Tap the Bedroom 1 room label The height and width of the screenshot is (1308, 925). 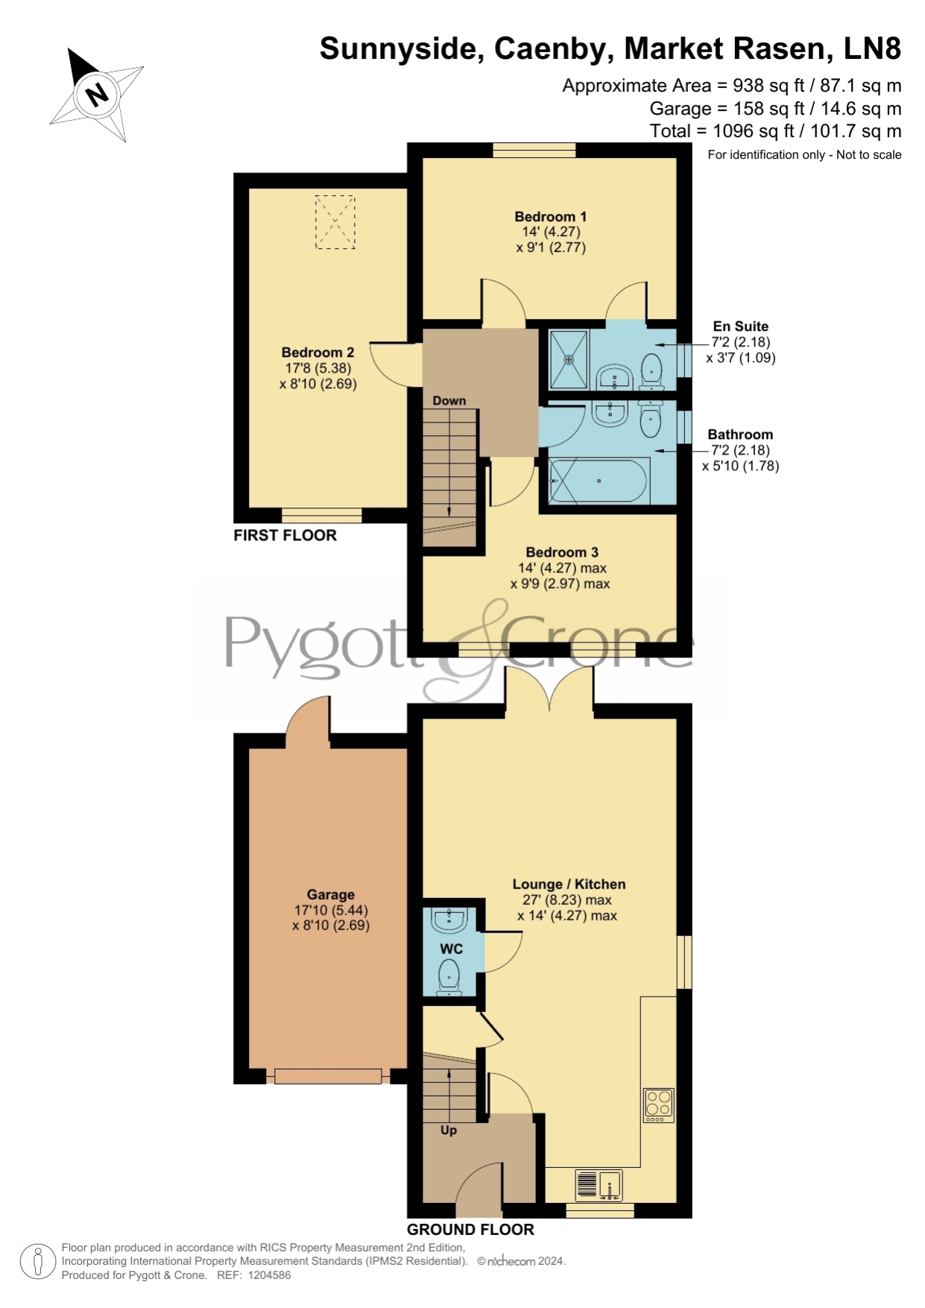coord(551,217)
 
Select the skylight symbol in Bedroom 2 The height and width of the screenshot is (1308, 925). coord(335,222)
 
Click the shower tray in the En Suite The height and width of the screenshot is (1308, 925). coord(569,359)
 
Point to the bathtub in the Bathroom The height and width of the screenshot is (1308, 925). coord(599,481)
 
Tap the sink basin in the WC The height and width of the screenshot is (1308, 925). coord(449,920)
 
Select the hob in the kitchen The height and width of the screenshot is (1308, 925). coord(659,1106)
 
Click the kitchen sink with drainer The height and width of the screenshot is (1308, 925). coord(599,1186)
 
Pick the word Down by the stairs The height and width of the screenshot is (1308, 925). coord(449,401)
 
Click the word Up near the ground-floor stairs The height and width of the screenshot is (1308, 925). coord(449,1131)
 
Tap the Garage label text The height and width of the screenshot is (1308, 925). coord(331,895)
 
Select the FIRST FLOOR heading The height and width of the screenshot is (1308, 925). coord(285,535)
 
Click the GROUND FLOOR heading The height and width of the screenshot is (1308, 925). coord(470,1230)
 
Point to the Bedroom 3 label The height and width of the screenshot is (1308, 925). coord(562,552)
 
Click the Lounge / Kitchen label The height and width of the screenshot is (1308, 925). coord(569,885)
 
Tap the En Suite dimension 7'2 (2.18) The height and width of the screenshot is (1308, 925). coord(740,342)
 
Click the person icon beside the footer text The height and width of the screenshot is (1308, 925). coord(37,1262)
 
